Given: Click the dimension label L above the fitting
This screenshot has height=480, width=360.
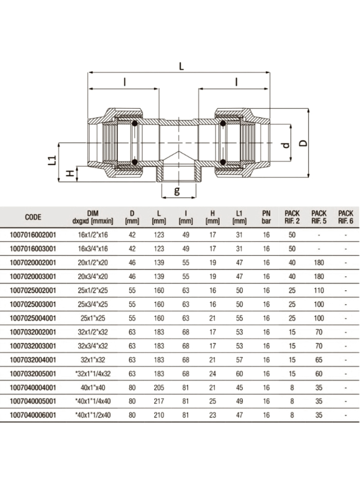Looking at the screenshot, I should [181, 66].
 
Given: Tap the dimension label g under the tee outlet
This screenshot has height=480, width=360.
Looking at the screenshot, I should [177, 191].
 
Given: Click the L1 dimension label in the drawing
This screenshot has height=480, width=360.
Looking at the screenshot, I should [51, 161].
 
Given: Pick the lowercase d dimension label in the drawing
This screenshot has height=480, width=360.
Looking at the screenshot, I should [286, 145].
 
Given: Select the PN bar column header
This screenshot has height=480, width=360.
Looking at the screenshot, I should [266, 217].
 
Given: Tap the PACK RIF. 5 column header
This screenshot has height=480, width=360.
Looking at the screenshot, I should [319, 217].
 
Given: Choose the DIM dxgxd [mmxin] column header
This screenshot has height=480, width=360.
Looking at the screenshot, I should [93, 217].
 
